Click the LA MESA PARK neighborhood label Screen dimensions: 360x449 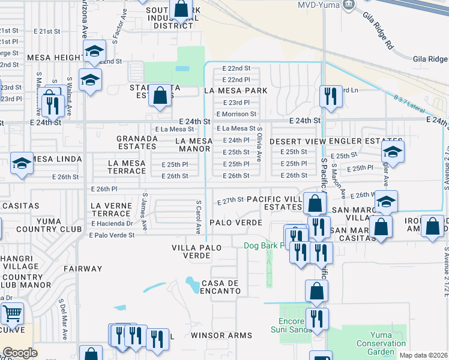[235, 91]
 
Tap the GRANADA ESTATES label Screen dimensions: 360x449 [137, 142]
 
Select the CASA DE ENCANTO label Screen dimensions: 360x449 [221, 287]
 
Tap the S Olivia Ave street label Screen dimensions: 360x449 [259, 144]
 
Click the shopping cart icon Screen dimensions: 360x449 [11, 313]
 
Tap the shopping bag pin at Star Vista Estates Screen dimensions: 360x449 [160, 95]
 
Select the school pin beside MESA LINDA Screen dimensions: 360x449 [21, 163]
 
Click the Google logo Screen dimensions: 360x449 [20, 353]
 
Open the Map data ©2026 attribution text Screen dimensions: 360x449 [423, 355]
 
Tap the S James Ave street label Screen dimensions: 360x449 [145, 211]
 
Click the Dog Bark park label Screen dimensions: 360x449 [268, 245]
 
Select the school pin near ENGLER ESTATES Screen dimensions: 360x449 [393, 151]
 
